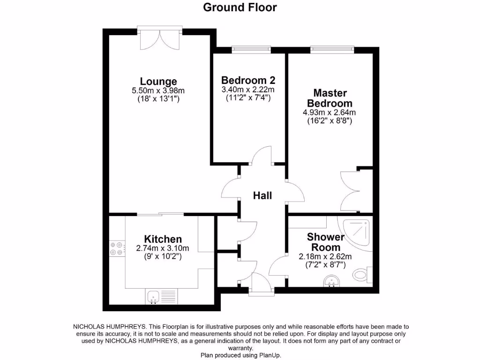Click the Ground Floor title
coord(240,7)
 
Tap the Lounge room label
coord(158,81)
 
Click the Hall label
coord(262,195)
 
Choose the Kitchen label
coord(163,239)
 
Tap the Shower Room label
coord(325,242)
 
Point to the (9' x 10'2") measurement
coord(163,257)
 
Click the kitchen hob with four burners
coord(116,248)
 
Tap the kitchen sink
coord(154,296)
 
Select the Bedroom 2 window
coord(251,48)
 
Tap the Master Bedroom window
coord(332,48)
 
